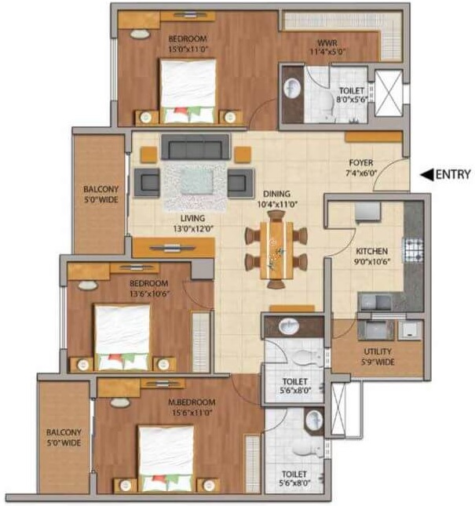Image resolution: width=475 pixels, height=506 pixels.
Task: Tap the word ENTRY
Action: (452, 174)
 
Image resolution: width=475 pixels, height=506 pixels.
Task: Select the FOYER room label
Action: (363, 169)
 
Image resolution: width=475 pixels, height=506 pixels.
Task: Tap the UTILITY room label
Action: (378, 356)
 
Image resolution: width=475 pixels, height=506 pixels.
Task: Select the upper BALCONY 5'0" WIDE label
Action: (100, 195)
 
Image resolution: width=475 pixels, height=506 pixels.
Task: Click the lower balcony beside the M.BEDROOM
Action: (64, 437)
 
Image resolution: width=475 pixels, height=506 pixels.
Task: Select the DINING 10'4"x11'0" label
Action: (276, 199)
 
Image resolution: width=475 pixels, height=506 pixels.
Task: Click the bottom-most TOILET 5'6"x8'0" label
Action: (294, 479)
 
